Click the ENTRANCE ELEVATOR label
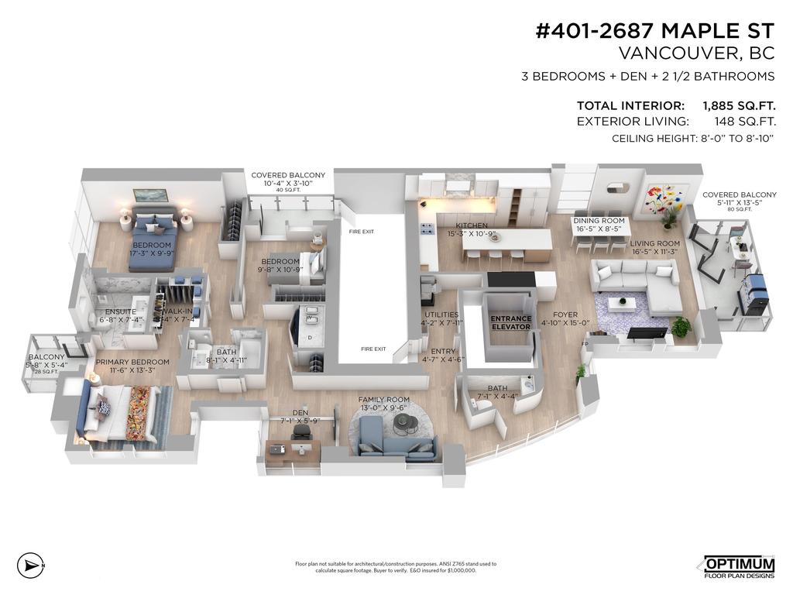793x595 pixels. click(x=510, y=323)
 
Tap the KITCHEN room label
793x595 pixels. click(x=472, y=226)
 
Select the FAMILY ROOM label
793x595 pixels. click(x=383, y=400)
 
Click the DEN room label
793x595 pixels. click(x=300, y=412)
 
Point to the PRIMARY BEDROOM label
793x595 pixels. click(x=132, y=362)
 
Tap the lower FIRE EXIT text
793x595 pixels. click(x=372, y=349)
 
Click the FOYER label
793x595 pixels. click(x=554, y=315)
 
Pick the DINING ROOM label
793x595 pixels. click(x=598, y=222)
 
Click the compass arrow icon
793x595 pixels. click(x=29, y=565)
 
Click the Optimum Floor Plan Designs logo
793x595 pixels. click(x=738, y=566)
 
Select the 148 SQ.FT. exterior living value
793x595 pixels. click(x=744, y=122)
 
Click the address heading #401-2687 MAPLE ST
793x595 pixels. click(x=654, y=31)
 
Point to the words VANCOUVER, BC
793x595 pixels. click(x=697, y=53)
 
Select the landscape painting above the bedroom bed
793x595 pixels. click(x=150, y=195)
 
